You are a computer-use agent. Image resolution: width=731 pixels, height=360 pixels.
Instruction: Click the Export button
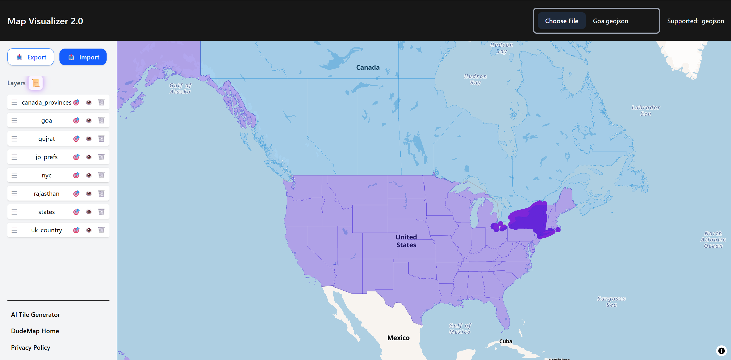pyautogui.click(x=31, y=57)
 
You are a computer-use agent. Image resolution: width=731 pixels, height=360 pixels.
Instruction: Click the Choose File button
pyautogui.click(x=561, y=21)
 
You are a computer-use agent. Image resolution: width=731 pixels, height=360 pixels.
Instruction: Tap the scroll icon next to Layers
pyautogui.click(x=36, y=83)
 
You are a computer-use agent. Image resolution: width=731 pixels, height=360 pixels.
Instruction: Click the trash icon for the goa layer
pyautogui.click(x=101, y=121)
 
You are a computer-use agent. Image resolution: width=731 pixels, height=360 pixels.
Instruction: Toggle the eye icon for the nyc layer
pyautogui.click(x=89, y=175)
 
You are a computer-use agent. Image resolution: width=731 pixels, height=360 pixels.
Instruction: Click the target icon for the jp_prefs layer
pyautogui.click(x=76, y=157)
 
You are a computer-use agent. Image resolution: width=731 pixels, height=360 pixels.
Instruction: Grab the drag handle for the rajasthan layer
pyautogui.click(x=14, y=194)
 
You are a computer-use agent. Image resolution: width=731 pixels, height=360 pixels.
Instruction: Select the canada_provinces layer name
pyautogui.click(x=46, y=102)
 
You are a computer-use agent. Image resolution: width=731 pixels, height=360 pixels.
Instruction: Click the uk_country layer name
pyautogui.click(x=46, y=230)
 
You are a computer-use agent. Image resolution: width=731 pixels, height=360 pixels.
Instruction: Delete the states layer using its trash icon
pyautogui.click(x=101, y=212)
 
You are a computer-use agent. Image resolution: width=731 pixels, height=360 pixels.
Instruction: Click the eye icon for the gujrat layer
pyautogui.click(x=89, y=139)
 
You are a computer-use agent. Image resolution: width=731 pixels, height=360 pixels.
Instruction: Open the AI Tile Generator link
pyautogui.click(x=35, y=315)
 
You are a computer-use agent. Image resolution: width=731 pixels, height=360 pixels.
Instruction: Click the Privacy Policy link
pyautogui.click(x=31, y=347)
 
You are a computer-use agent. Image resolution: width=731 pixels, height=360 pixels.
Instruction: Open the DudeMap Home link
pyautogui.click(x=35, y=331)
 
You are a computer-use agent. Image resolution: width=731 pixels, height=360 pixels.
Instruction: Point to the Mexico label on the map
pyautogui.click(x=398, y=338)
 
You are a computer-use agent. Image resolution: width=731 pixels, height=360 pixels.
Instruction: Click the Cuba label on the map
pyautogui.click(x=506, y=341)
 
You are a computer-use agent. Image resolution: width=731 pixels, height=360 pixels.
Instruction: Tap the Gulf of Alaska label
pyautogui.click(x=180, y=88)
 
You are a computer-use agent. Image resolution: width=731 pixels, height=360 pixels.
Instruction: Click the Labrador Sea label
pyautogui.click(x=646, y=111)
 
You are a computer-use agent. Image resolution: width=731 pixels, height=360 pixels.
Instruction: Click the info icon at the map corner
pyautogui.click(x=721, y=351)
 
